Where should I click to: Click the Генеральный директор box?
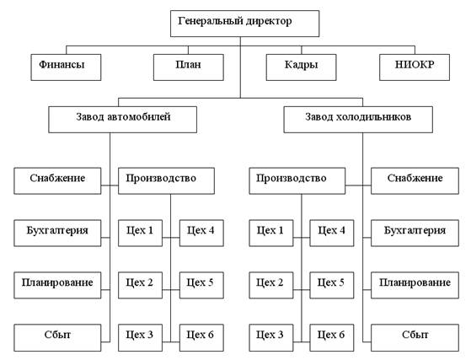tap(244, 24)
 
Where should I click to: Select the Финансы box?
tap(66, 67)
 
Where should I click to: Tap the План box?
tap(189, 67)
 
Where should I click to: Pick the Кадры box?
tap(301, 67)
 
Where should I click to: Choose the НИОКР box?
tap(415, 67)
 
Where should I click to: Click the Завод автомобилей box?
tap(122, 120)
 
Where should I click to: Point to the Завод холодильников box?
tap(358, 120)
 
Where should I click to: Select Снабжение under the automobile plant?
tap(57, 180)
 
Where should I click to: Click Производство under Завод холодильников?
tap(297, 180)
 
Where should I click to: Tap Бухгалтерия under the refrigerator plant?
tap(415, 233)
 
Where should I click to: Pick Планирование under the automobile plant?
tap(57, 285)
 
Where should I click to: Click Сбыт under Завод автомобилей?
tap(57, 337)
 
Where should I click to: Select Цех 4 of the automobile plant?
tap(201, 233)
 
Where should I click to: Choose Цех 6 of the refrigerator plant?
tap(332, 337)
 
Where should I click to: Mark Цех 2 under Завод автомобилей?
tap(140, 285)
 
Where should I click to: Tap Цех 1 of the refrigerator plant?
tap(271, 233)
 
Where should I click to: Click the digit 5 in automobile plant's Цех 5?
tap(211, 282)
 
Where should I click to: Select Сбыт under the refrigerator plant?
tap(415, 337)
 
